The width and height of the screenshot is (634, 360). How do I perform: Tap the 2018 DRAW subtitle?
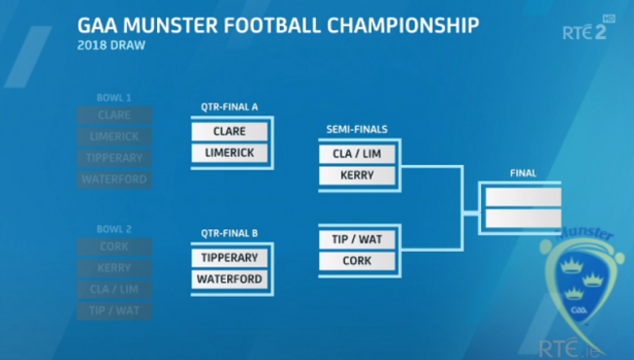tap(108, 45)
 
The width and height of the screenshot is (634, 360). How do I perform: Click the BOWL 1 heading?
tap(114, 98)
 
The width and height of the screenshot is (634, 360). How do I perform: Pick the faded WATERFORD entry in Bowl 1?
tap(114, 180)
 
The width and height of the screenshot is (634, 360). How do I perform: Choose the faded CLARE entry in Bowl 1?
tap(114, 115)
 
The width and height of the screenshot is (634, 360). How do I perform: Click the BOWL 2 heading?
tap(114, 228)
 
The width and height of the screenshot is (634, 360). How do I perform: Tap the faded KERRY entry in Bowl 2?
tap(114, 267)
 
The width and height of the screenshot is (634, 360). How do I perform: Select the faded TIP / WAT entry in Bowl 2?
tap(114, 310)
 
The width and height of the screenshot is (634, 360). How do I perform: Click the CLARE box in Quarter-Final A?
tap(230, 132)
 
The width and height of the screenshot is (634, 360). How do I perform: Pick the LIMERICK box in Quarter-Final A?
tap(230, 153)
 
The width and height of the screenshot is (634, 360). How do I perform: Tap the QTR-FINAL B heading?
tap(229, 234)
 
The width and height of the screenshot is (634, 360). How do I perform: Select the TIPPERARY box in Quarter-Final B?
tap(230, 259)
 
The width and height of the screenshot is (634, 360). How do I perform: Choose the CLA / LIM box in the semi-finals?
tap(357, 153)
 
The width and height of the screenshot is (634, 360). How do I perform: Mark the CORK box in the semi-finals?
tap(357, 260)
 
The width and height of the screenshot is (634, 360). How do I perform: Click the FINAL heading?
tap(523, 174)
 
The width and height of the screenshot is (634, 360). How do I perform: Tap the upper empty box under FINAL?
tap(523, 196)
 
